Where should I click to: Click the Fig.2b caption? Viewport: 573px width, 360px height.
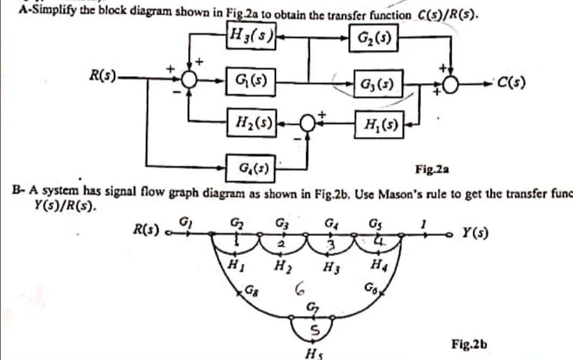pos(469,345)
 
